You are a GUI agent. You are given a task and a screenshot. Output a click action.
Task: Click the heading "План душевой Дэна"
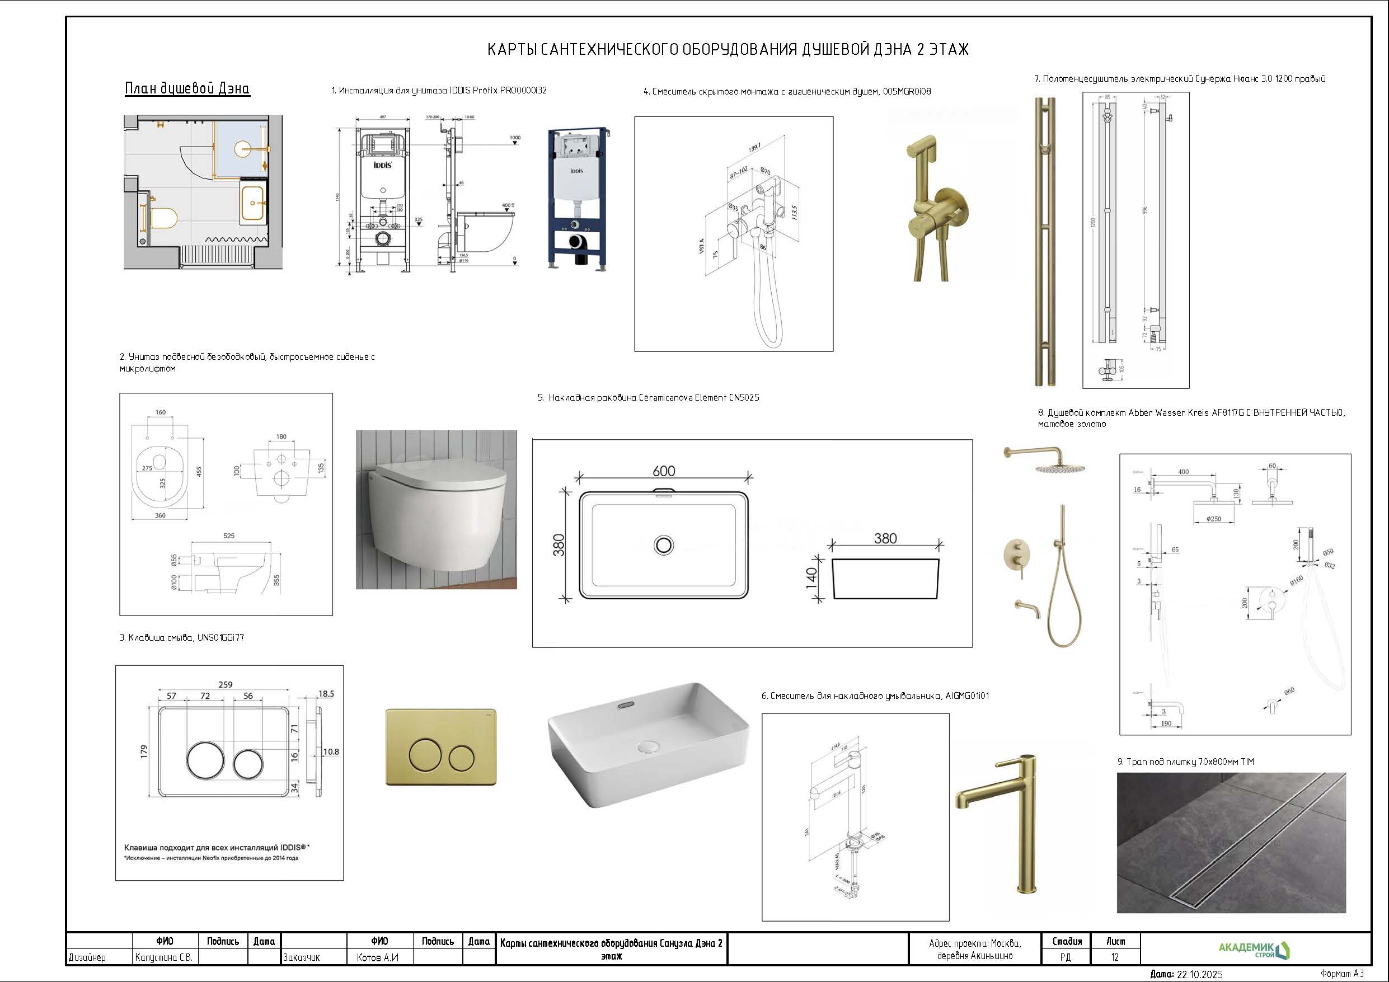click(x=187, y=88)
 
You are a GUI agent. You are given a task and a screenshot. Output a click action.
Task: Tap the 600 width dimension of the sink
click(x=664, y=471)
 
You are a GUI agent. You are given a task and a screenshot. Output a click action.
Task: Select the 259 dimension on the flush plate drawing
click(x=225, y=684)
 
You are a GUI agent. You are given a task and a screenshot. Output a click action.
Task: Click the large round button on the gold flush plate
click(x=428, y=754)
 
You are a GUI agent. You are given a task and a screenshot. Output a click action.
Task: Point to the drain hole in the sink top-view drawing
click(x=664, y=545)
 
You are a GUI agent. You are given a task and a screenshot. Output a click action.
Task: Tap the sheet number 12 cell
click(x=1115, y=957)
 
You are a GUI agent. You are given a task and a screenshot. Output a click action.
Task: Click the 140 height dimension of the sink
click(x=812, y=578)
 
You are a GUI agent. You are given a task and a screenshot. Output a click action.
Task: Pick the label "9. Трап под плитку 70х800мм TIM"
click(x=1185, y=762)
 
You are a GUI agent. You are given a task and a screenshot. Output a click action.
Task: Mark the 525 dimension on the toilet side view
click(x=229, y=535)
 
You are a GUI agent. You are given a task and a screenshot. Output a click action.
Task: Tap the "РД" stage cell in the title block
click(x=1066, y=957)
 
